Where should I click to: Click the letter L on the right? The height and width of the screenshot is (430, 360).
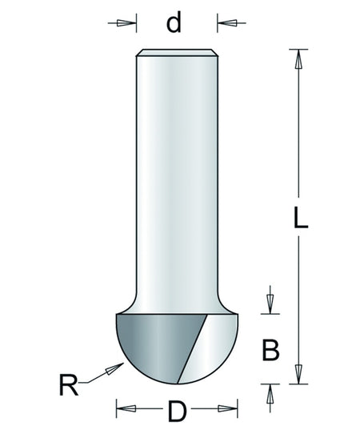pyautogui.click(x=301, y=218)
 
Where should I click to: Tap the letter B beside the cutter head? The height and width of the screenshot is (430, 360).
pyautogui.click(x=270, y=350)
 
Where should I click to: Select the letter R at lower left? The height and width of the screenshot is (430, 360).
pyautogui.click(x=69, y=385)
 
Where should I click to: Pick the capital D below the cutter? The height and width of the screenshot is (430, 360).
pyautogui.click(x=178, y=411)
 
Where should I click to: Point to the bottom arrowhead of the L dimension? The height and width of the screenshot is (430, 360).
pyautogui.click(x=298, y=374)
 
